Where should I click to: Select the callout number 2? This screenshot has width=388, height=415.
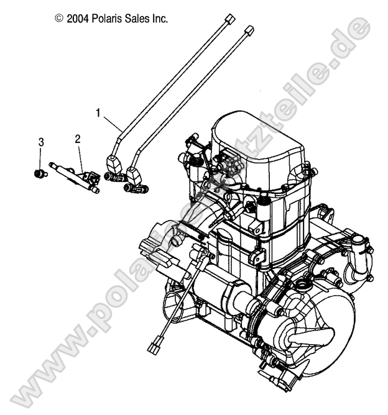pos(78,139)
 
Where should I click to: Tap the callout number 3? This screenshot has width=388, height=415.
pos(41,142)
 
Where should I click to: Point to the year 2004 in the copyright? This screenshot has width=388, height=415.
pos(75,19)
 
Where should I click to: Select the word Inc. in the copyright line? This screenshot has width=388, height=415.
pos(158,19)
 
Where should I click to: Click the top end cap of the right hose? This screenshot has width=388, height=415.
pos(249,29)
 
